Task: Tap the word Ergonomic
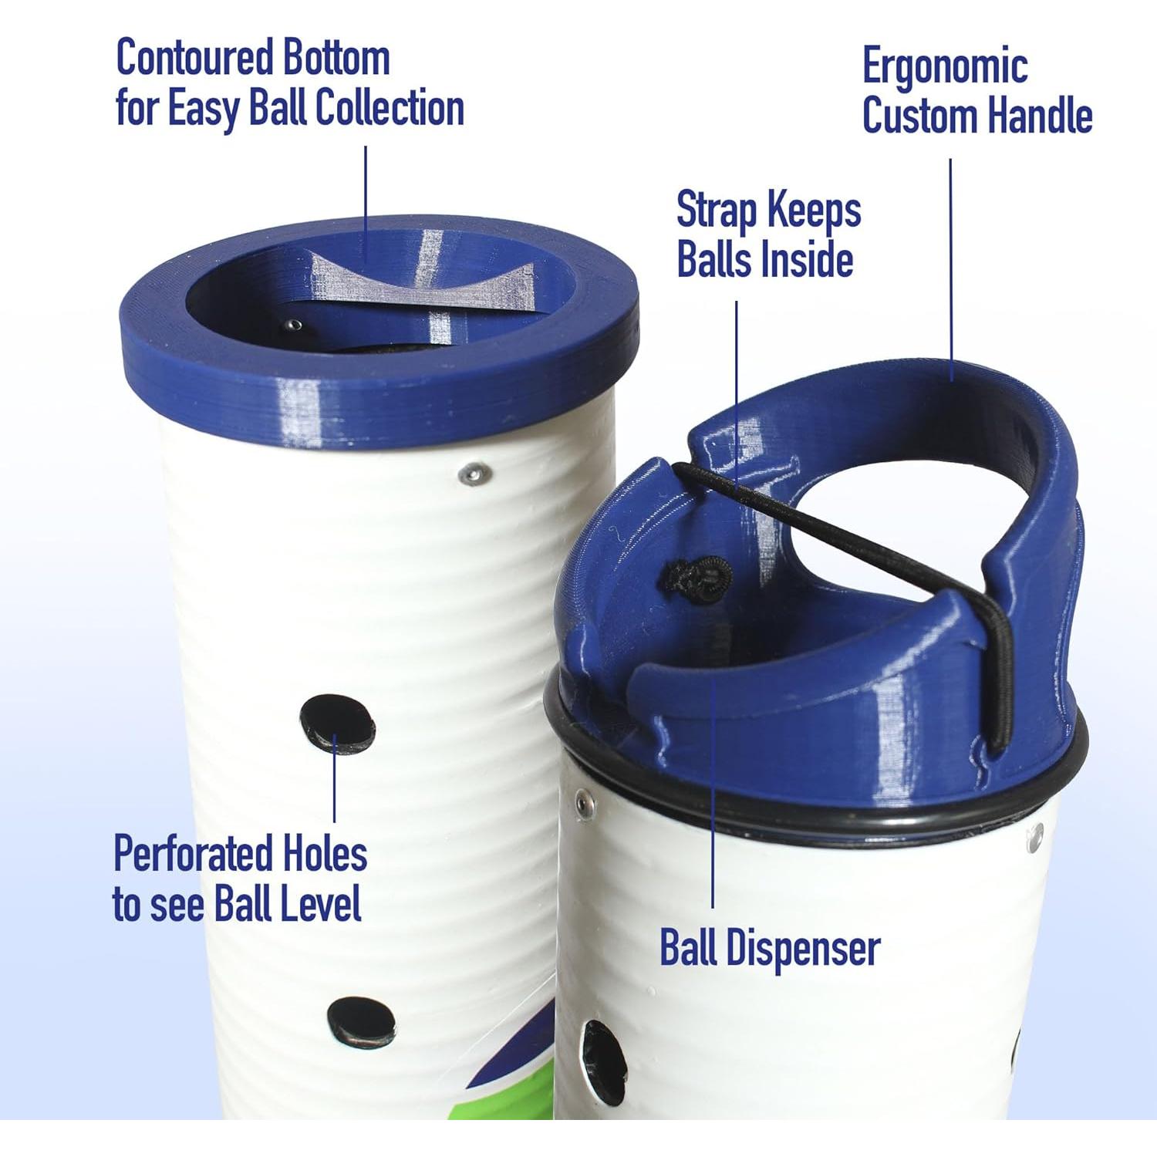(944, 67)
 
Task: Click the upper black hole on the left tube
(337, 723)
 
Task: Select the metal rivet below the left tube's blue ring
(473, 474)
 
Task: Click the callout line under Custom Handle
(950, 270)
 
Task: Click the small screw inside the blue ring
(293, 326)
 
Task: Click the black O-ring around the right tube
(810, 802)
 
